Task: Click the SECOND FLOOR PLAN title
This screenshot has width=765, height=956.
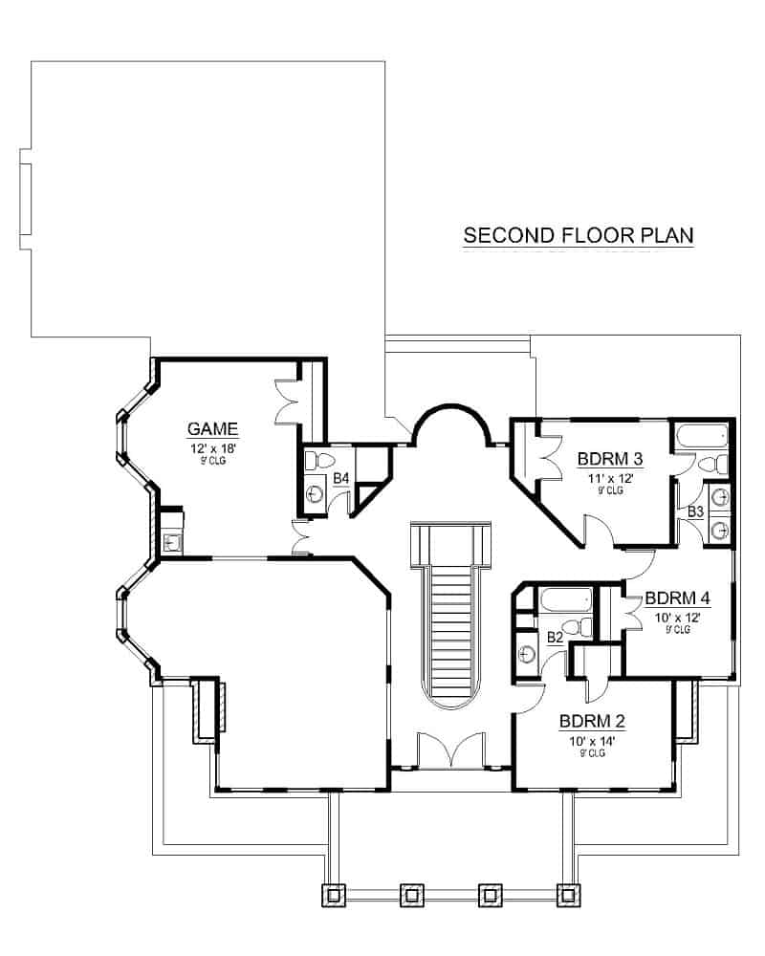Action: (x=579, y=235)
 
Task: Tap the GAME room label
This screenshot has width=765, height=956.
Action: (x=212, y=429)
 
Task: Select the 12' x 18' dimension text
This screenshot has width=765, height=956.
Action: (x=213, y=448)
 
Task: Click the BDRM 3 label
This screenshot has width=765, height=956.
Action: (x=610, y=459)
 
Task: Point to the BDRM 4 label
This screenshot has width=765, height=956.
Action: (x=677, y=598)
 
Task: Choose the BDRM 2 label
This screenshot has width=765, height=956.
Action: (x=592, y=722)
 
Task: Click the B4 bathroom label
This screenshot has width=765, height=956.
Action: (x=341, y=479)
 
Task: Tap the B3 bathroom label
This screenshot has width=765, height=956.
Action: (x=695, y=511)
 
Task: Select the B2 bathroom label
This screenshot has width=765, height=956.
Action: (x=556, y=638)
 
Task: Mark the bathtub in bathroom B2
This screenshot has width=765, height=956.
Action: (x=566, y=599)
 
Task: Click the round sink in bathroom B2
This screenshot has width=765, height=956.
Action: (x=526, y=654)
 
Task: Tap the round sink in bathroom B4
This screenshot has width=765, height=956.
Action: (x=315, y=493)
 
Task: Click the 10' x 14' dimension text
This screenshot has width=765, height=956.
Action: (x=592, y=742)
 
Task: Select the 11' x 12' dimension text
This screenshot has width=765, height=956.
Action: (x=610, y=479)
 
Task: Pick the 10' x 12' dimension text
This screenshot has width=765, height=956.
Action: (x=677, y=618)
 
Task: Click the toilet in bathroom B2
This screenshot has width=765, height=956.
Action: (x=578, y=627)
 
